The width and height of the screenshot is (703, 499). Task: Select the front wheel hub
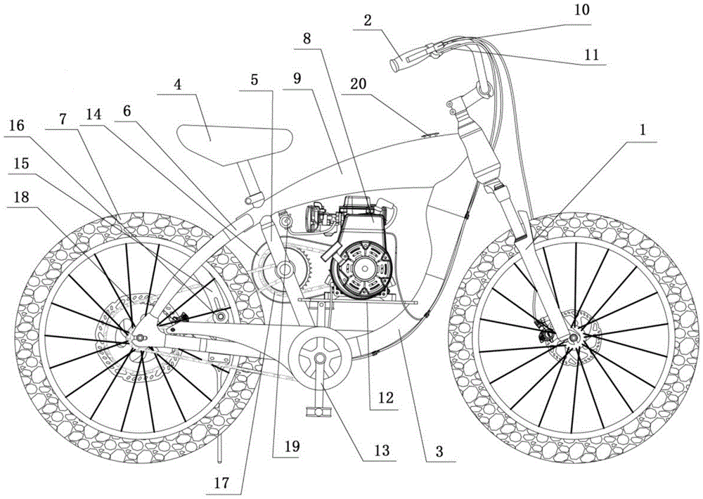pos(573,339)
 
